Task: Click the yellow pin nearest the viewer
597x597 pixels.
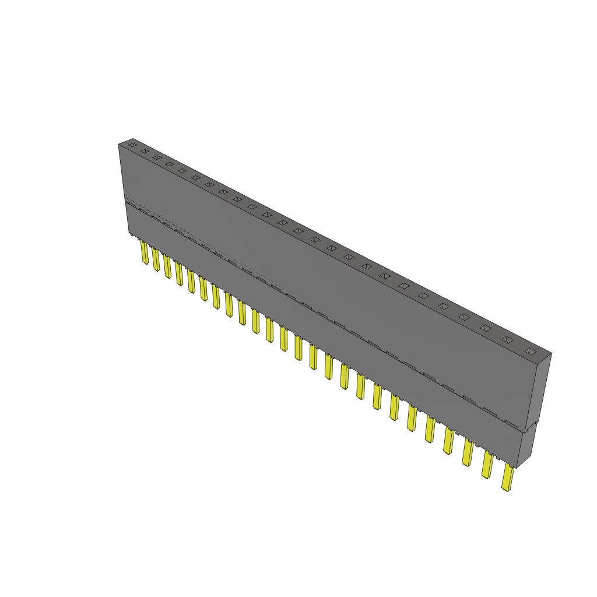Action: (508, 478)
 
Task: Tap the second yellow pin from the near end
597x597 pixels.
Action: (487, 466)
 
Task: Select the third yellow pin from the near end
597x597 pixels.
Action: (468, 453)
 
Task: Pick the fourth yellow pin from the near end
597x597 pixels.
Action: (448, 441)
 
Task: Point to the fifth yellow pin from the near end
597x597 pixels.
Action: (430, 429)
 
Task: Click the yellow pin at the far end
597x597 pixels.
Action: (144, 253)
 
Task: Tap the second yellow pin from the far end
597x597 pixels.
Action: (156, 260)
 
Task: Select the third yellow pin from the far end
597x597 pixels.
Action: (167, 267)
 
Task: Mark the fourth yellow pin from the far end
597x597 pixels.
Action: (179, 275)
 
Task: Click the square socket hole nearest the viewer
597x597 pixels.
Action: (530, 352)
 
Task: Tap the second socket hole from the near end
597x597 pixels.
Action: (508, 339)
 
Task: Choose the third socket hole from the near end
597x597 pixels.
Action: (486, 328)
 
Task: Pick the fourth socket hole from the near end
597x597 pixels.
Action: (464, 317)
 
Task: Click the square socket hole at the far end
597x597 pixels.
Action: (132, 144)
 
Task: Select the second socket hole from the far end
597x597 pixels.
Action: (144, 151)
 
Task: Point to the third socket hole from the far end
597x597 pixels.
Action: (156, 157)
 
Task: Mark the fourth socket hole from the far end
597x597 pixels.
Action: (169, 164)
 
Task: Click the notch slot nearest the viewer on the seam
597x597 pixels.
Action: (512, 423)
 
